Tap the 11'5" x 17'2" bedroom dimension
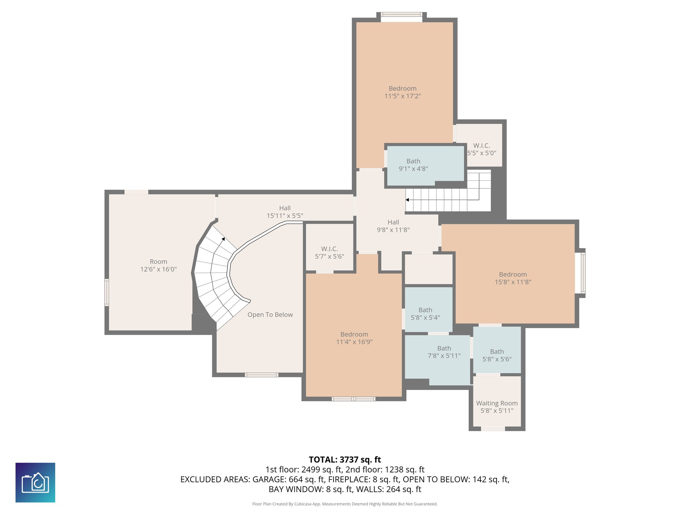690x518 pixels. (403, 96)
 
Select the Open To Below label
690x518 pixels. (270, 315)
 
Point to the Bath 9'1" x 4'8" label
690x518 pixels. (413, 165)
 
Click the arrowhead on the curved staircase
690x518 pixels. (223, 239)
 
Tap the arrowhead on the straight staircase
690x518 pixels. (407, 200)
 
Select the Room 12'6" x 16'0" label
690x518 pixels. (158, 265)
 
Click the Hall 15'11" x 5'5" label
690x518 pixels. (285, 212)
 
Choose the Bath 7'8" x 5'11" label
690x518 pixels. (444, 352)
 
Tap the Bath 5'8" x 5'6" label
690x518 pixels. (497, 355)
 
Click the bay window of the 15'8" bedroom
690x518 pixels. (583, 273)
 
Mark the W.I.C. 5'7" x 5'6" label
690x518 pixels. (329, 253)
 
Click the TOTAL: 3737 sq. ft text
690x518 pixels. (345, 460)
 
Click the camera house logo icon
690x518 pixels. (35, 482)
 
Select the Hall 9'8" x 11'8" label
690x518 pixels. (393, 226)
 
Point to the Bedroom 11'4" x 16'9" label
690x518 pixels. (354, 338)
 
